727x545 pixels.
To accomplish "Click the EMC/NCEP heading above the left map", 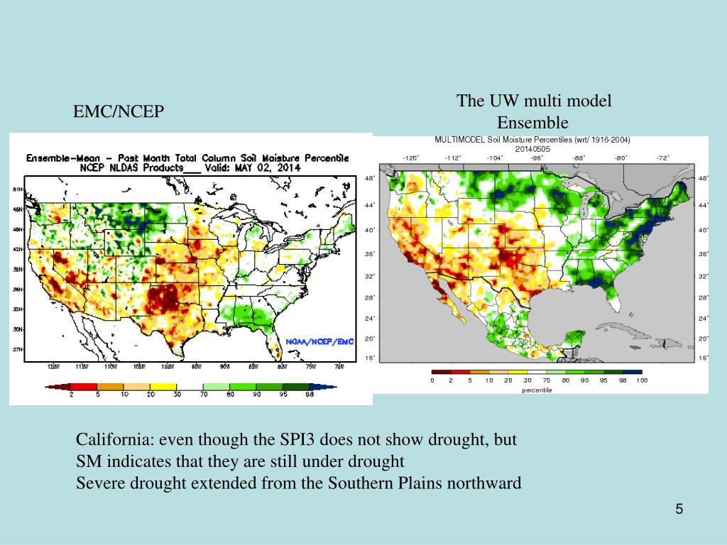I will (x=119, y=111).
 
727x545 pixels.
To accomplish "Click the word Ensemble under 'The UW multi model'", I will (x=532, y=122).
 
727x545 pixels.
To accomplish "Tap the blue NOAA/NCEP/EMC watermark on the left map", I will (x=319, y=341).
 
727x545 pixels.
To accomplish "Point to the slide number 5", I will (x=679, y=510).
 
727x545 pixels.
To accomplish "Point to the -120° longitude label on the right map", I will (x=410, y=158).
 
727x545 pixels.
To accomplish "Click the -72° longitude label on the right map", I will (x=662, y=158).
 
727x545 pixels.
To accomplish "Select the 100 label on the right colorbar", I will (x=642, y=381).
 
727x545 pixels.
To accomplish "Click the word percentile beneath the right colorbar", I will (x=537, y=390).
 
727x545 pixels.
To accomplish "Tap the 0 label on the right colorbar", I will (x=432, y=381).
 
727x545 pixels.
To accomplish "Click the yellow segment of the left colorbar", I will (x=165, y=387).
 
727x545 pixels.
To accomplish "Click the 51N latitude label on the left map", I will (x=18, y=189).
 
